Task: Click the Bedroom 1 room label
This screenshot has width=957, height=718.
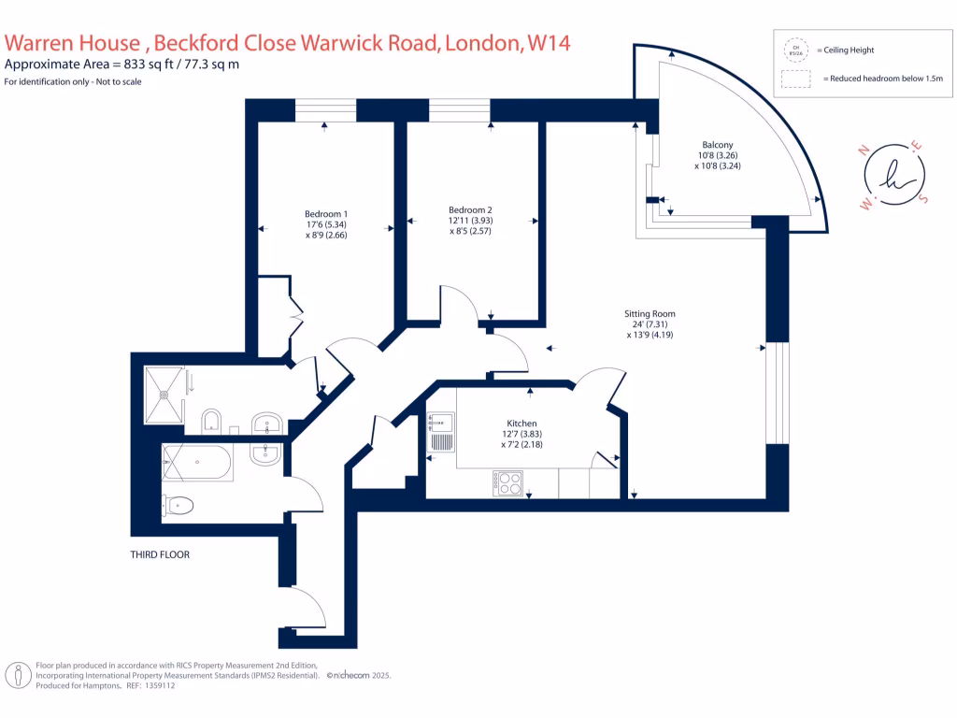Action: (x=326, y=211)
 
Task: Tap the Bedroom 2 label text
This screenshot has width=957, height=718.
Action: (x=470, y=209)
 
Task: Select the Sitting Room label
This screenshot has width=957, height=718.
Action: (x=650, y=313)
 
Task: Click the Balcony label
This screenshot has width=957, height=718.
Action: (x=715, y=144)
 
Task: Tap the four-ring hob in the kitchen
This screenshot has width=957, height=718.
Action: (x=508, y=482)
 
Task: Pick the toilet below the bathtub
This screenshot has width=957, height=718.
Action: (x=179, y=506)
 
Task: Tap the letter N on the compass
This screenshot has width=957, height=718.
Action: (x=864, y=148)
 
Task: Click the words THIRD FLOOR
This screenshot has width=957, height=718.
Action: (x=160, y=554)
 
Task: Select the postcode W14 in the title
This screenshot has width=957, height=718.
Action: (x=549, y=42)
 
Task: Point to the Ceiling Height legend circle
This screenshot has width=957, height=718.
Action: (x=796, y=50)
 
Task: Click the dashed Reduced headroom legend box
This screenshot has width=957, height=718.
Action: (x=796, y=79)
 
